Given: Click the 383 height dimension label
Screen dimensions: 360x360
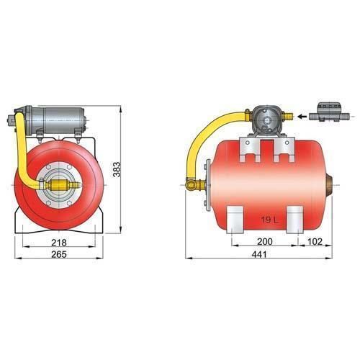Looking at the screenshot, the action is [117, 169].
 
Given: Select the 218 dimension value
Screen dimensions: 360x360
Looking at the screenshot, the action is [59, 243].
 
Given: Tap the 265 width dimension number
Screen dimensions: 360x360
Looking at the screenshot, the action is [59, 254].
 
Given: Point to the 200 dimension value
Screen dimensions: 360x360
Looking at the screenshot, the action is [265, 242].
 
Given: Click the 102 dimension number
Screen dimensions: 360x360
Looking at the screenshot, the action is [315, 242].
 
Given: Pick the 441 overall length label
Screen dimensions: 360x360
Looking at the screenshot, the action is [259, 254].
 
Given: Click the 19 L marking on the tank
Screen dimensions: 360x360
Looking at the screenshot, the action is [269, 220].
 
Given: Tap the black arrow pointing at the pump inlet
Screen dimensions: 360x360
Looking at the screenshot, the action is [302, 117].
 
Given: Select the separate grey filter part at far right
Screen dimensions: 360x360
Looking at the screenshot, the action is [329, 112].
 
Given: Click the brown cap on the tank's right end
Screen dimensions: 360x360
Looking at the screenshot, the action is [329, 185].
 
